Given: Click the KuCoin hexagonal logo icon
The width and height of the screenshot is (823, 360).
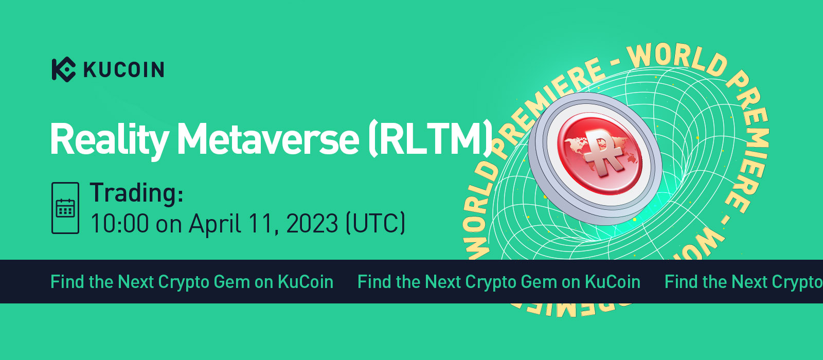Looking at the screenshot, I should (x=63, y=69).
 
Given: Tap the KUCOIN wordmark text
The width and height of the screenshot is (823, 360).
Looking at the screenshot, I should (x=123, y=69).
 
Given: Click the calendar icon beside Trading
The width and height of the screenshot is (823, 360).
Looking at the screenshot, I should (x=65, y=208).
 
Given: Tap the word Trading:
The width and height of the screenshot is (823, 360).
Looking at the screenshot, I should (x=136, y=193).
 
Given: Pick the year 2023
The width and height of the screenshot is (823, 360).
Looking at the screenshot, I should (x=312, y=224).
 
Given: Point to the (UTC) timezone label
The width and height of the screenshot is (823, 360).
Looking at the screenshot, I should (x=376, y=224).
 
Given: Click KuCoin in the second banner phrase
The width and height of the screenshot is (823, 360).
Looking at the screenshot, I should (x=613, y=282).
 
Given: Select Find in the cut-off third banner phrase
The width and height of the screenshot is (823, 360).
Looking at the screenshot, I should (x=682, y=282).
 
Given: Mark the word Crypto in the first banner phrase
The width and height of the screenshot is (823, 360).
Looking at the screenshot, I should (x=183, y=282).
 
